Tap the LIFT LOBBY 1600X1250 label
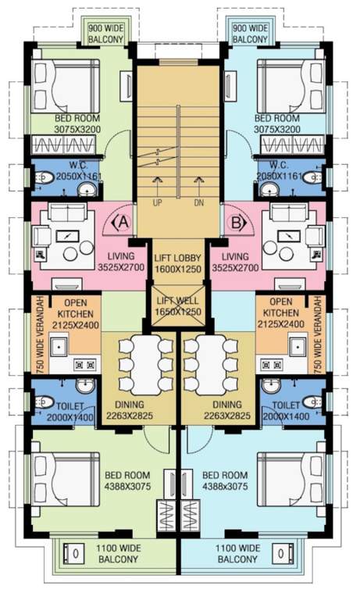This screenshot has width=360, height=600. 179,263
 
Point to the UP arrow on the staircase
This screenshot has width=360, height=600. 157,191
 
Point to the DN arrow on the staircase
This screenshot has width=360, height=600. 199,191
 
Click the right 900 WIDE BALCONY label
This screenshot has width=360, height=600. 251,33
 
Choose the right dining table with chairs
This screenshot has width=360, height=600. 212,364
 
